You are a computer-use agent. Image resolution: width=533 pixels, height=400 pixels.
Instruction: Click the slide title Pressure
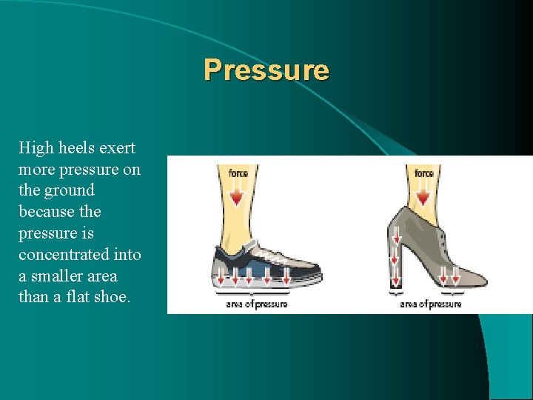266,70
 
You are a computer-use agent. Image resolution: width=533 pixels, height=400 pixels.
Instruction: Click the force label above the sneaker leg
238,173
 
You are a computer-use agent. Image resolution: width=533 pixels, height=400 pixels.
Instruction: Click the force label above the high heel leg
424,173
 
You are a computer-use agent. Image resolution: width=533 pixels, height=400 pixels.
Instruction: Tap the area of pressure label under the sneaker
257,304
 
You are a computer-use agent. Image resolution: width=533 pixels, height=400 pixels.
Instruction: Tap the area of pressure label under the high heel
431,304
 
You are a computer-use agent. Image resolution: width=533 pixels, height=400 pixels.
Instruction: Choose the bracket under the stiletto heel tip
398,294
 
